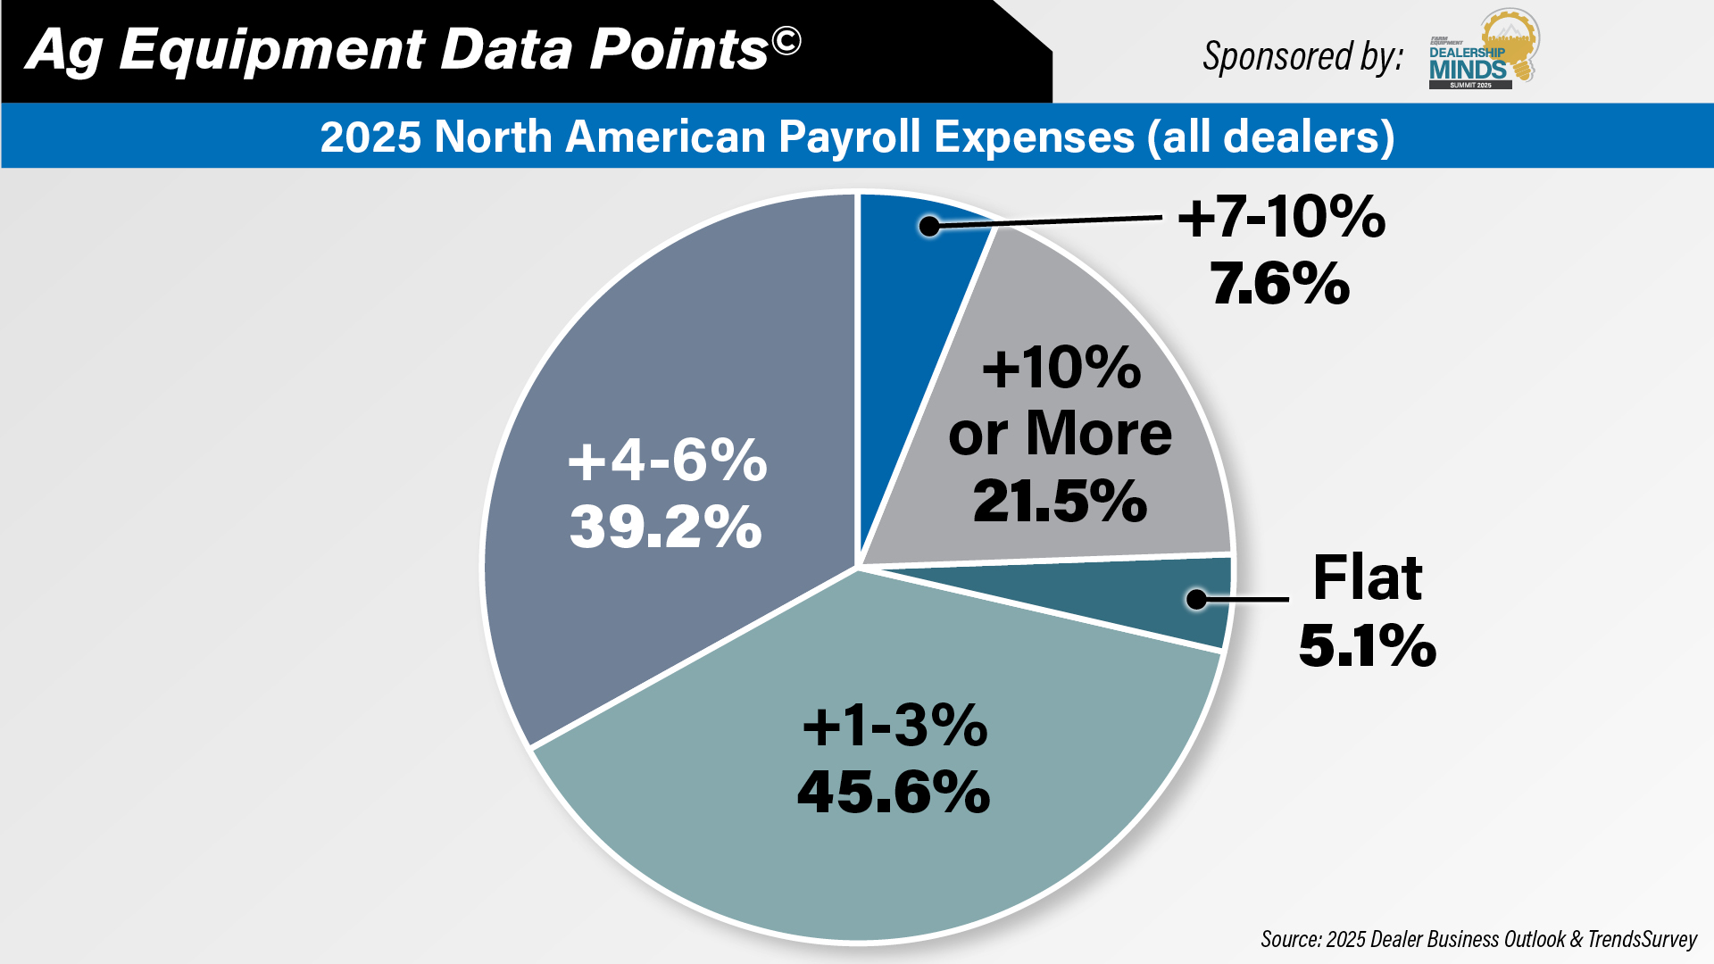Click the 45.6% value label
click(894, 792)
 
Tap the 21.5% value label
click(1060, 501)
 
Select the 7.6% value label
click(1280, 284)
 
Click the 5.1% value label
click(1367, 645)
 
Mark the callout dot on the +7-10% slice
click(929, 227)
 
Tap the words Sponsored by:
click(1302, 56)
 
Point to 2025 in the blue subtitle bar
click(370, 137)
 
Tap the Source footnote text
click(1478, 939)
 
